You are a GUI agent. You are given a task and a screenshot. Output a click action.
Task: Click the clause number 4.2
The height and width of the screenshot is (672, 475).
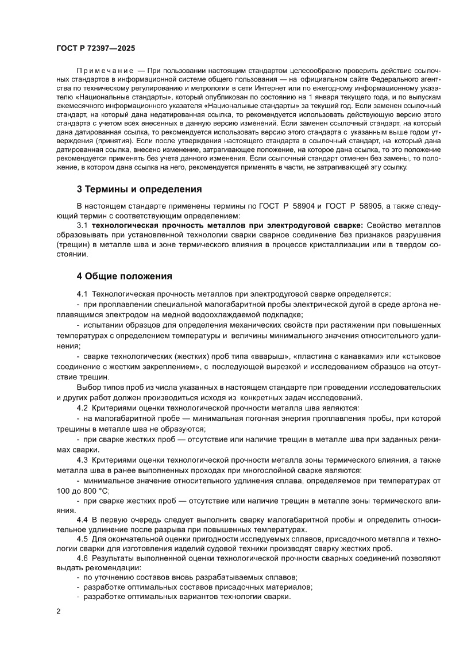tap(82, 408)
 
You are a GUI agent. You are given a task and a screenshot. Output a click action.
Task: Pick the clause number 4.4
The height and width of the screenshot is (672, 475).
tap(82, 520)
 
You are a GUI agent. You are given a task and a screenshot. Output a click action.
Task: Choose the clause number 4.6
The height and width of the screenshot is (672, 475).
tap(82, 558)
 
